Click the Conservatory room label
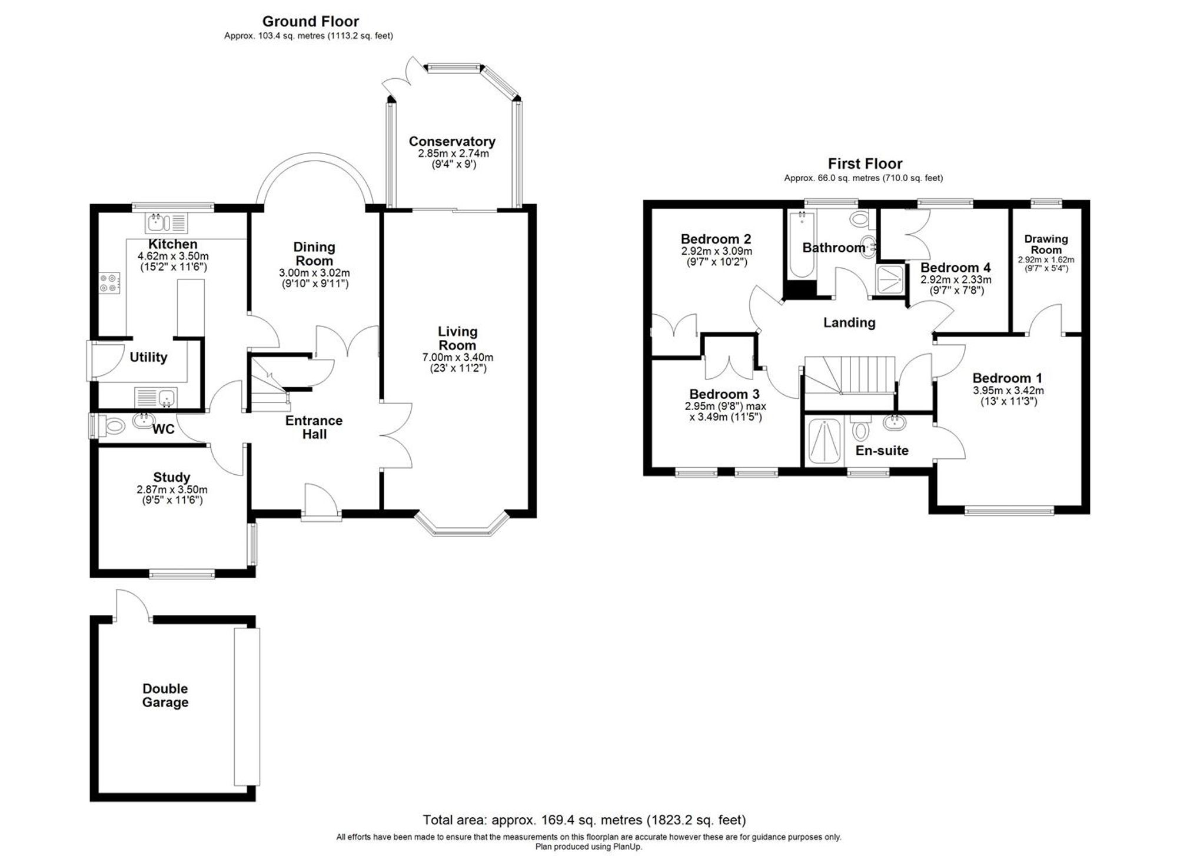452,142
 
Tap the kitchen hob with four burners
109,283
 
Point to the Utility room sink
157,397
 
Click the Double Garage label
165,695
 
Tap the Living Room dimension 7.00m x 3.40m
457,357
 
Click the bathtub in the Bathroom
800,244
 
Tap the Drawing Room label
1046,244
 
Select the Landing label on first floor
849,322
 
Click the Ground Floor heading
310,22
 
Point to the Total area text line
584,820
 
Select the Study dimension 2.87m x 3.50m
172,489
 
